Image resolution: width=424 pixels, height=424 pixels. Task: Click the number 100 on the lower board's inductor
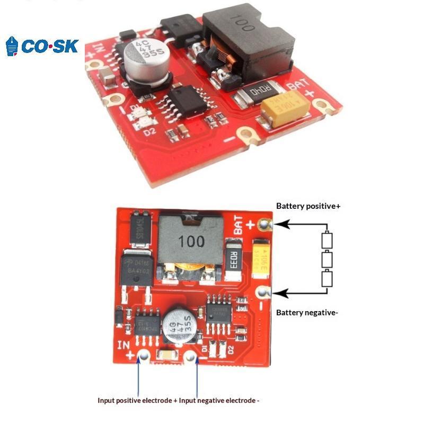191,242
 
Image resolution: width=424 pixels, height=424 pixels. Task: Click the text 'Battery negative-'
307,313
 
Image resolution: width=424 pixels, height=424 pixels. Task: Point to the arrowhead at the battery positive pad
280,225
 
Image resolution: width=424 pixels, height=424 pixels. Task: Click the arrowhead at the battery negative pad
280,292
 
